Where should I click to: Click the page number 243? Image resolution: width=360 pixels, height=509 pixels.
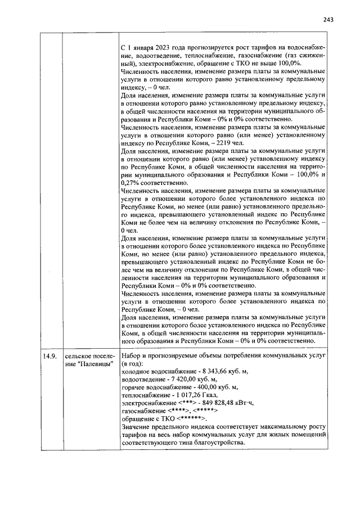(x=328, y=20)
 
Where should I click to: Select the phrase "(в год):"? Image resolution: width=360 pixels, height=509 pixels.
(x=132, y=364)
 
